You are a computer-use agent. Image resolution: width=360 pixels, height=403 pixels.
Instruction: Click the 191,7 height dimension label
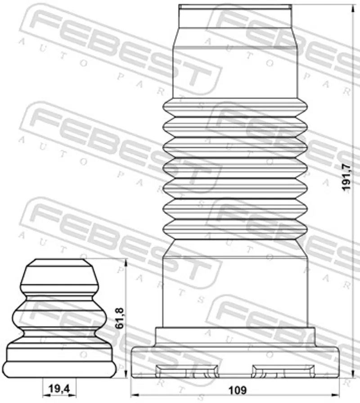pos(346,177)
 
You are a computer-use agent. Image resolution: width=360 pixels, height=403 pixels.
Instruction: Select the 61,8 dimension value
pos(120,318)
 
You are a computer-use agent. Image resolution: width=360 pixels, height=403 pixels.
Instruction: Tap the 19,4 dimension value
pos(59,389)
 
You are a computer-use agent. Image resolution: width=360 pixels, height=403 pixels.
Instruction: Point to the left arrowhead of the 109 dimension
pos(134,394)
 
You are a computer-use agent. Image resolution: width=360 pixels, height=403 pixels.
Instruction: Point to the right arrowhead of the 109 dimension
pos(336,394)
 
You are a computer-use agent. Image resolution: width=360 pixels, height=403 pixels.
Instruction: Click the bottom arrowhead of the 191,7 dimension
pos(352,373)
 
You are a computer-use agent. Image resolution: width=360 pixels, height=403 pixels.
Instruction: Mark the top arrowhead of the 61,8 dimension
pos(126,263)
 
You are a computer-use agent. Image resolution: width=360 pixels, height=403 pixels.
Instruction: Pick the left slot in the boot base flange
pos(187,371)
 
